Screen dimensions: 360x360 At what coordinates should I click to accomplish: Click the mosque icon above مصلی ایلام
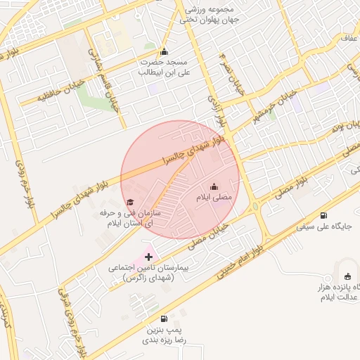coord(214,186)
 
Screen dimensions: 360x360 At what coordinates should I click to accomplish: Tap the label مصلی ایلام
coord(212,198)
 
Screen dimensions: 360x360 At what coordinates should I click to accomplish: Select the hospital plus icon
coord(148,257)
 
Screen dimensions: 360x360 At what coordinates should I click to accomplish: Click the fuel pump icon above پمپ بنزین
coord(165,319)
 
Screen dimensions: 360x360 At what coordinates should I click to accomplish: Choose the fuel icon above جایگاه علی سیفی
coord(323,216)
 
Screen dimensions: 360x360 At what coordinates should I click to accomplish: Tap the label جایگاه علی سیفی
coord(323,227)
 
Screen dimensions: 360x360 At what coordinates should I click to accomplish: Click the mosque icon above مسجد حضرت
coord(165,51)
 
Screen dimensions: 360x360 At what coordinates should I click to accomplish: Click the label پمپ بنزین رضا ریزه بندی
coord(165,334)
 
